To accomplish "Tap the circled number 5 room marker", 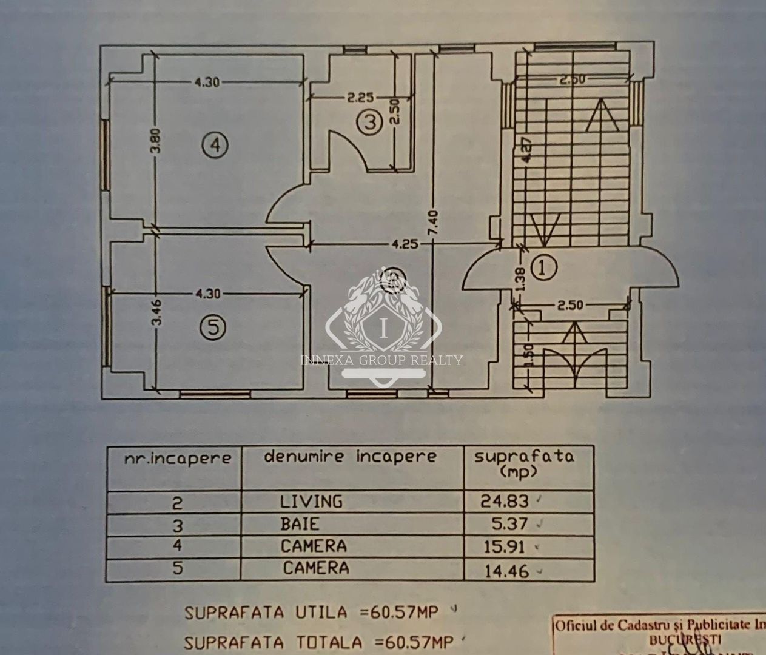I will coord(212,327).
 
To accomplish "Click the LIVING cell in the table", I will coord(311,502).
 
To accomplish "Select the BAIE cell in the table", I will coord(299,523).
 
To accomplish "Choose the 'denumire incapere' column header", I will coord(350,457).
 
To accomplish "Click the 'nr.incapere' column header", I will coord(177,458).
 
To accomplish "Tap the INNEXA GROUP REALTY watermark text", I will coord(382,360).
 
